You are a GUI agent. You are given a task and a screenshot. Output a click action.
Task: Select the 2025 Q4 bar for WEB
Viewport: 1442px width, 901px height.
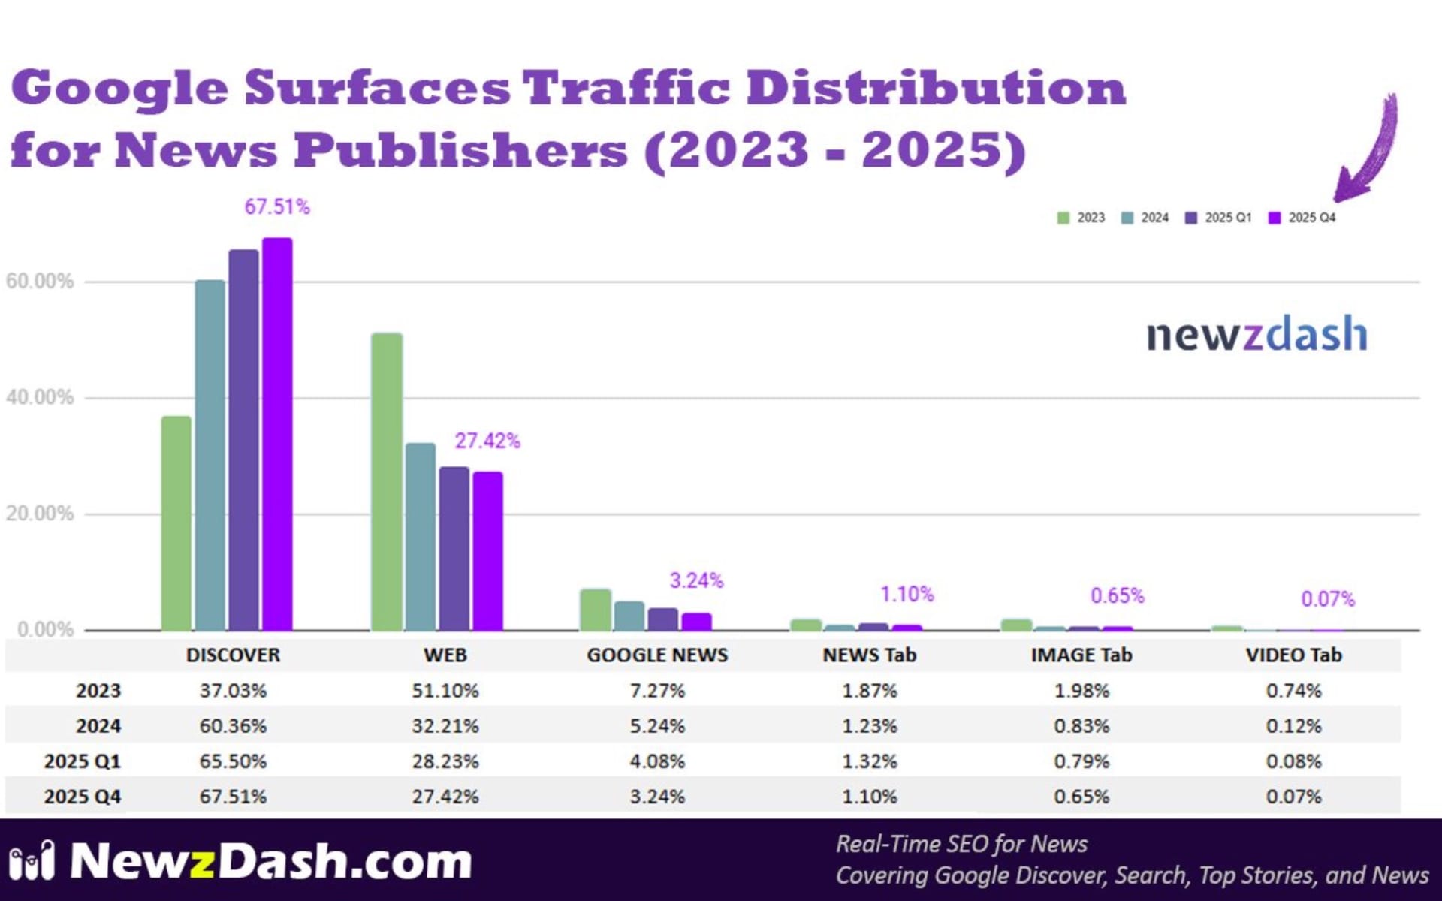tap(487, 551)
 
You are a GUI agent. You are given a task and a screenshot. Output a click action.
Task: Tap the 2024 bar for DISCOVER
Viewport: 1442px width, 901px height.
tap(210, 455)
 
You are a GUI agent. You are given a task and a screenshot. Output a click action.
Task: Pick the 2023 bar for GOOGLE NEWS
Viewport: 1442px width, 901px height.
tap(596, 610)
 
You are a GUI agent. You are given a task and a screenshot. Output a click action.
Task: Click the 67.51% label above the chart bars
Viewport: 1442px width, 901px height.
tap(277, 207)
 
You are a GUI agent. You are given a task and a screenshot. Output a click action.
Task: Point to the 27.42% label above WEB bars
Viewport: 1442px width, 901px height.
tap(487, 441)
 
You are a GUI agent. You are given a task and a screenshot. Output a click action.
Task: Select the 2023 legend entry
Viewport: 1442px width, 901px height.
tap(1081, 218)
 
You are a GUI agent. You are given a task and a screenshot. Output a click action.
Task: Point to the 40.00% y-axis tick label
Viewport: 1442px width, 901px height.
tap(40, 397)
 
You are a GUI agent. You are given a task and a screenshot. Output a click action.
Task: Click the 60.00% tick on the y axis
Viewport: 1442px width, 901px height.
tap(40, 282)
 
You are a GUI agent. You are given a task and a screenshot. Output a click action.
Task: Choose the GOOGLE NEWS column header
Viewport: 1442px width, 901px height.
tap(657, 655)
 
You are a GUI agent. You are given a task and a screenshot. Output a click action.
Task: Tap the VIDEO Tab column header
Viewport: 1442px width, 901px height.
tap(1293, 655)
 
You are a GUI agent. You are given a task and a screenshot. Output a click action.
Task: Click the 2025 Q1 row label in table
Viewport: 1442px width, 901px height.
tap(82, 761)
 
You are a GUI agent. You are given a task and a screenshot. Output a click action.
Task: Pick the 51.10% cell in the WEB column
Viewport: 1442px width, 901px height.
tap(445, 691)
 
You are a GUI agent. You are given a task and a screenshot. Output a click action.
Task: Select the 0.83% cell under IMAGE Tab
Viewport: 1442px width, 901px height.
tap(1081, 726)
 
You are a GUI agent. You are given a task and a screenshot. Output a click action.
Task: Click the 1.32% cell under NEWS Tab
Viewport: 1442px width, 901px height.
tap(870, 761)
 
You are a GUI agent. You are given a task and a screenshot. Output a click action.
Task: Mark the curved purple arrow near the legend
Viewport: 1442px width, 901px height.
tap(1371, 150)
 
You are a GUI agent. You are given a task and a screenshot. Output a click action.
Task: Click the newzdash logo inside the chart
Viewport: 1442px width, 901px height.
tap(1256, 335)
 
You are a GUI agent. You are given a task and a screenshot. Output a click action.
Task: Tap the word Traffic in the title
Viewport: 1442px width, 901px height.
tap(626, 88)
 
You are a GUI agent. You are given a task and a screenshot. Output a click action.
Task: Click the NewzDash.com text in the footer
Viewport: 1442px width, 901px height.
tap(270, 861)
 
